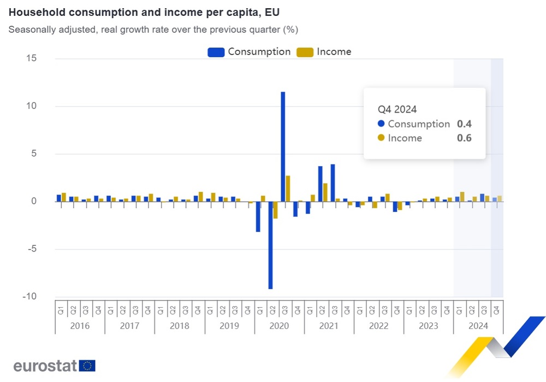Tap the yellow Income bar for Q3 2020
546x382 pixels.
click(x=288, y=189)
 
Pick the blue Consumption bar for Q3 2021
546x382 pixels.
click(x=333, y=183)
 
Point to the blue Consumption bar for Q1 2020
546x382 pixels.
click(x=258, y=216)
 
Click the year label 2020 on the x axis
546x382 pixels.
click(x=279, y=326)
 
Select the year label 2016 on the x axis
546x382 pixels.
click(x=80, y=326)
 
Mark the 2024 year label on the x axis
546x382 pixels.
click(x=478, y=326)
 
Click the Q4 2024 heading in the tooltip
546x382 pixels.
click(x=397, y=109)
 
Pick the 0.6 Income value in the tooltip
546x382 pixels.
click(x=464, y=138)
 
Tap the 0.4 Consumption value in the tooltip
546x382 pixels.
click(x=464, y=124)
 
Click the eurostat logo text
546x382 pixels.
click(x=45, y=366)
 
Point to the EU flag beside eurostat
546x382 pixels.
click(x=87, y=366)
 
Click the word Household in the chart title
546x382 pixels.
click(x=33, y=12)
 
